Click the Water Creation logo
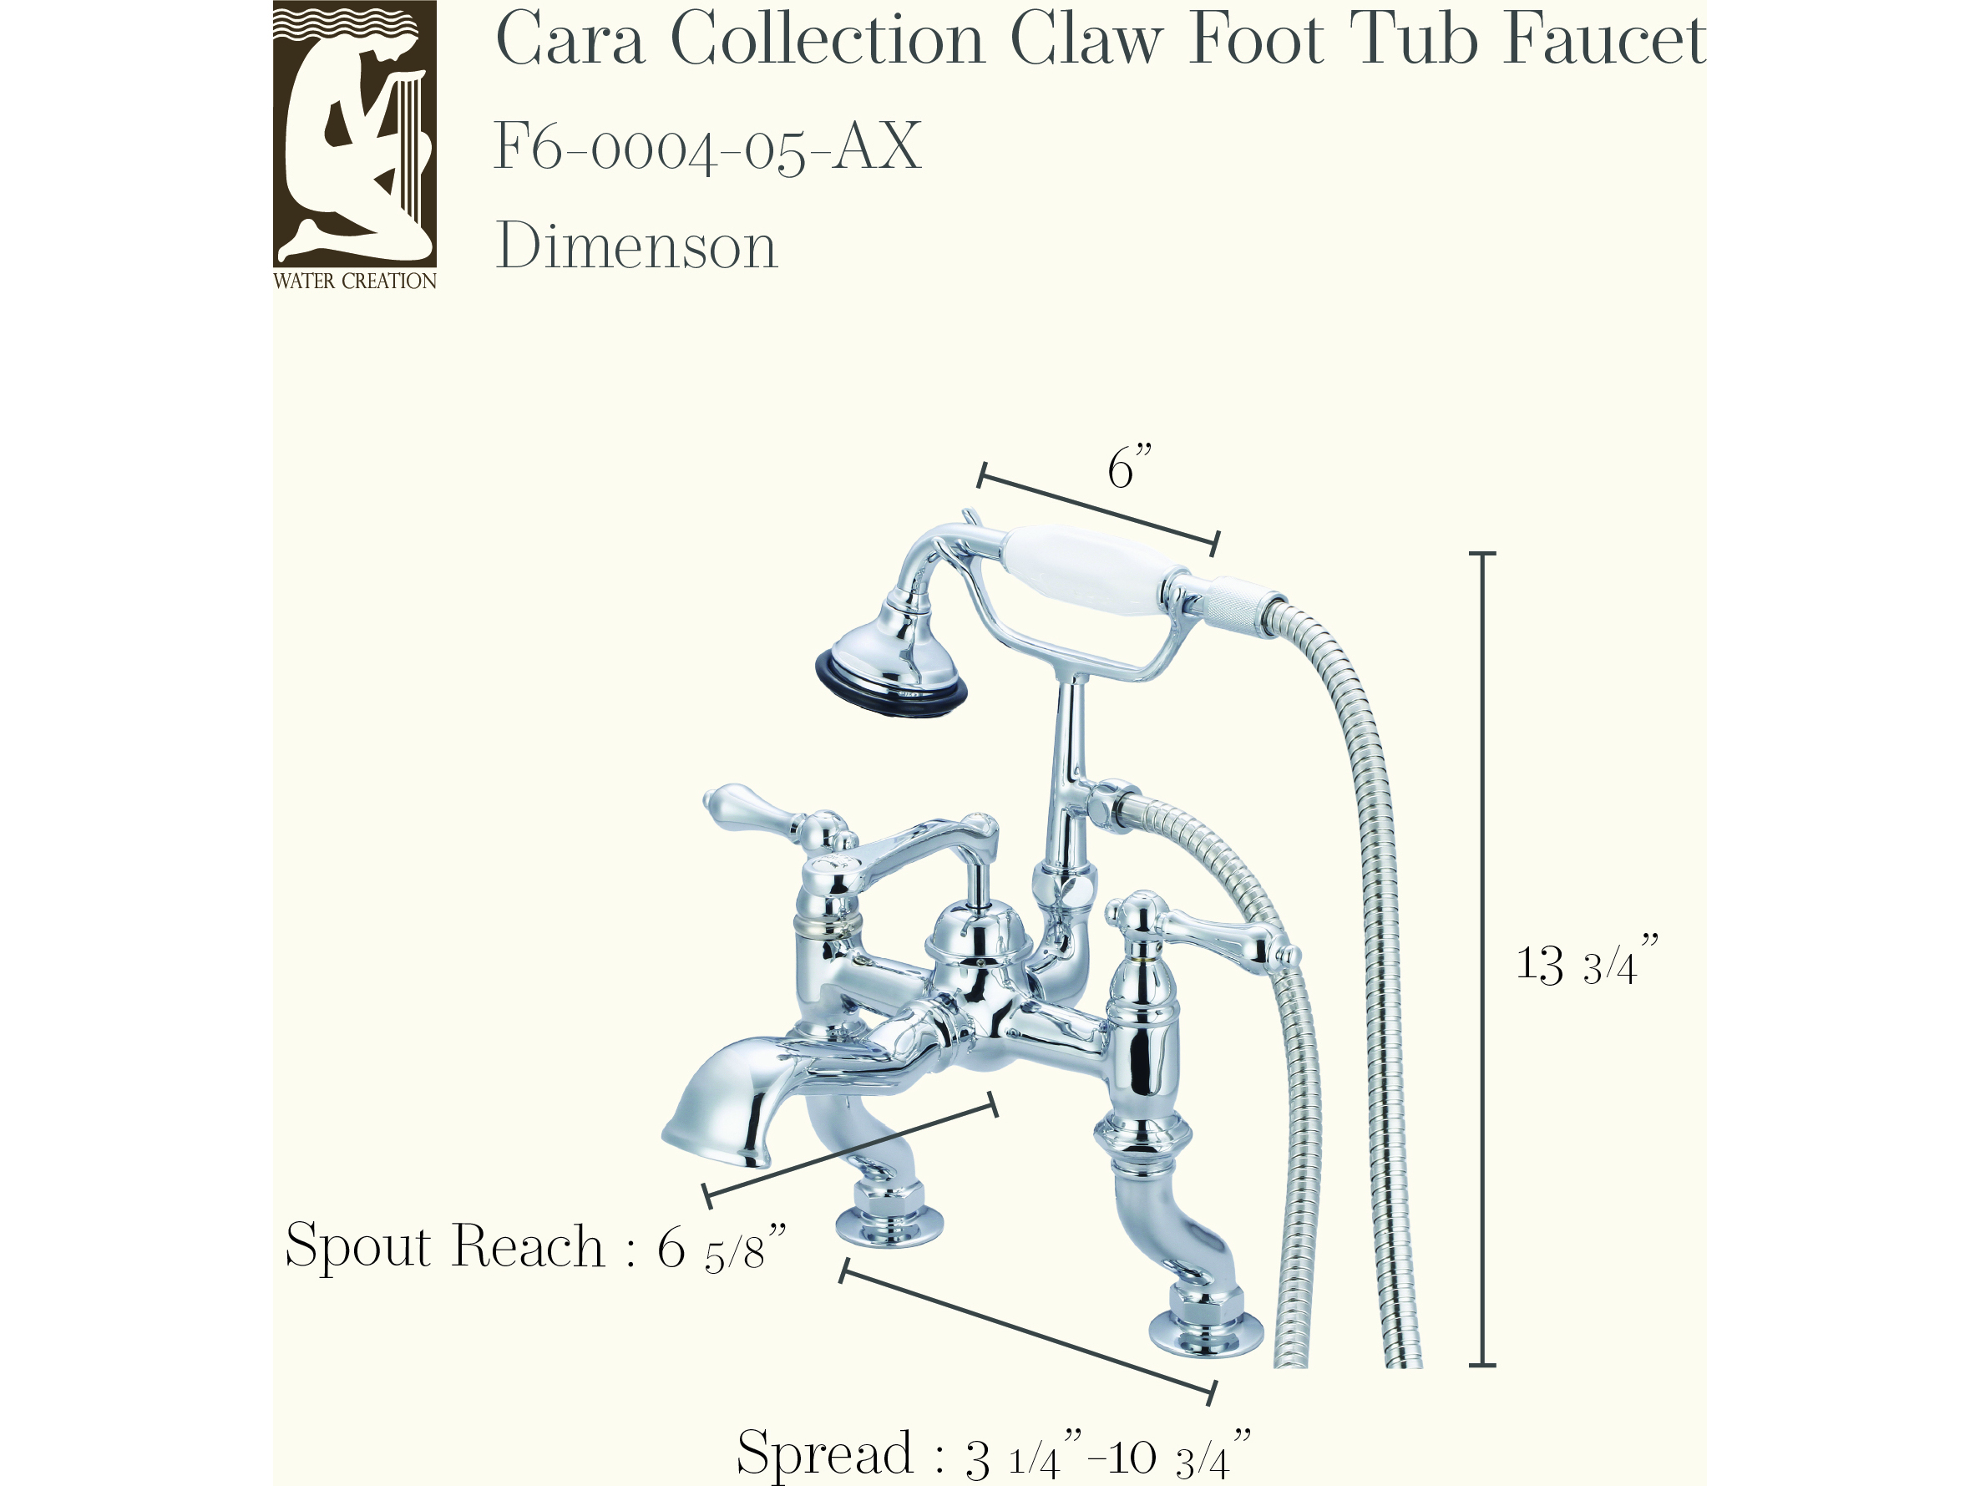pos(354,145)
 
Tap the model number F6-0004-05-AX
pos(707,147)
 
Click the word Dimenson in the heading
pos(636,246)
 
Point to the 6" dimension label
pos(1129,466)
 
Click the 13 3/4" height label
pos(1587,961)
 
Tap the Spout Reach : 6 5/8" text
pos(535,1247)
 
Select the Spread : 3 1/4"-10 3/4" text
pos(993,1453)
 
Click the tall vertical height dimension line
pos(1482,959)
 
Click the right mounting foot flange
pos(1206,1335)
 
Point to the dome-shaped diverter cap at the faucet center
pos(980,935)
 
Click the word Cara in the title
pos(570,40)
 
